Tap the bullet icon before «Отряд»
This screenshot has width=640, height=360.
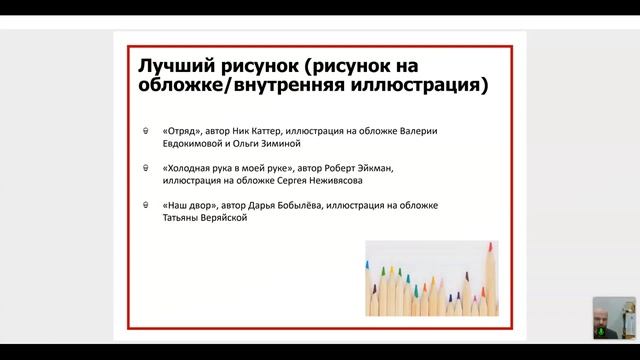tap(147, 132)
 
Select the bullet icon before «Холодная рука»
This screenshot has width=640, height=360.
tap(147, 168)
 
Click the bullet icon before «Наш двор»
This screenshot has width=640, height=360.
tap(147, 205)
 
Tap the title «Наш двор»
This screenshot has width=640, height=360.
tap(187, 205)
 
